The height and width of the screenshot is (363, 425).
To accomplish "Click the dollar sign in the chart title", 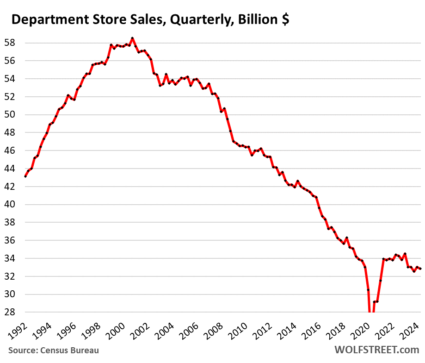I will [284, 20].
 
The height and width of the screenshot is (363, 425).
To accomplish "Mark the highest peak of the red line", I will [132, 38].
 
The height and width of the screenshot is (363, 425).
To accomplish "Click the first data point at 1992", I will [25, 176].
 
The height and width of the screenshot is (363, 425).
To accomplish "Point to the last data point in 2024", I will [420, 269].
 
